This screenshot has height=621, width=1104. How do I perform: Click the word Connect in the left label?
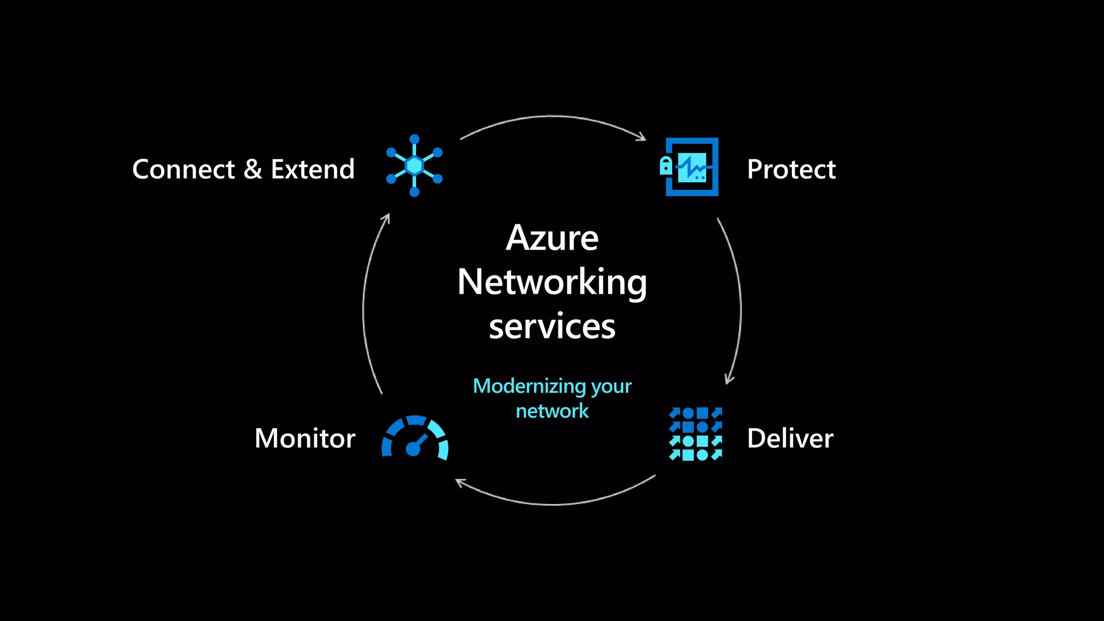pos(183,169)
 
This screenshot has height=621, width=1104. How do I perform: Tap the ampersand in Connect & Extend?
pos(253,169)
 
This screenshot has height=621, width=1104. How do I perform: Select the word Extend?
pos(313,169)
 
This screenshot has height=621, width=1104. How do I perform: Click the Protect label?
pos(791,169)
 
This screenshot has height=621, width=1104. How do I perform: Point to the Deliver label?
pos(790,438)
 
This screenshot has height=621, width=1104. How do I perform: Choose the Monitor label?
pos(305,438)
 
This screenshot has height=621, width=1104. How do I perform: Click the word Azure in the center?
pos(552,238)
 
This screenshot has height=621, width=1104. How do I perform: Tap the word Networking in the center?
pos(552,282)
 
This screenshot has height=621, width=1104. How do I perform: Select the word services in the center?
pos(552,327)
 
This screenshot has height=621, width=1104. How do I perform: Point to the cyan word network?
pos(552,411)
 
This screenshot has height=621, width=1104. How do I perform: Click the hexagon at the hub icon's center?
pos(414,165)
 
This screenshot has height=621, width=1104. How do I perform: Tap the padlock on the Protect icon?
pos(666,166)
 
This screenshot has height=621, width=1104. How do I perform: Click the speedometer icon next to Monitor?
pos(415,437)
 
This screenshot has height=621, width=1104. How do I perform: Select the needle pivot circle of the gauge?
pos(413,449)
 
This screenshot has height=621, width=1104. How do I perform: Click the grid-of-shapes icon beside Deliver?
pos(695,434)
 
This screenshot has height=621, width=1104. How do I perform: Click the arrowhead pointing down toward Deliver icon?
pos(729,379)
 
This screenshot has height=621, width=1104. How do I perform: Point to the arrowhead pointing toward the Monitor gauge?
pos(460,482)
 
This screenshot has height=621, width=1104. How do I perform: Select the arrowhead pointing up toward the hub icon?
pos(386,218)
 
